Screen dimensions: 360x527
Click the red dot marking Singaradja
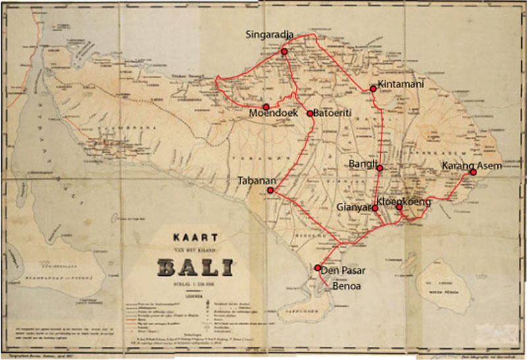point(285,51)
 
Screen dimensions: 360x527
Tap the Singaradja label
point(270,34)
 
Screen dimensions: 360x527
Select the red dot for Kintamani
point(373,88)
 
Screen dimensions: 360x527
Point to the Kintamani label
point(401,84)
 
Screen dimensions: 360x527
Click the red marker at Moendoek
point(266,107)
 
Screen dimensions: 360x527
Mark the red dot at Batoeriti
point(310,113)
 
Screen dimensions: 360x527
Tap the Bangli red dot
point(380,168)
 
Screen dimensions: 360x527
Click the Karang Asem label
point(472,165)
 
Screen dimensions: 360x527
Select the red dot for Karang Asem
point(473,172)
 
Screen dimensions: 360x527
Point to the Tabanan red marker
point(270,190)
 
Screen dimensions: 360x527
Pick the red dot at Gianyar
point(375,209)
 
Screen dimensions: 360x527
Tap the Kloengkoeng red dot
point(399,207)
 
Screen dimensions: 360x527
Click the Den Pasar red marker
point(318,268)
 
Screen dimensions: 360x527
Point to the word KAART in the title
point(196,238)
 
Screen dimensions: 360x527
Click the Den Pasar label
point(343,270)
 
